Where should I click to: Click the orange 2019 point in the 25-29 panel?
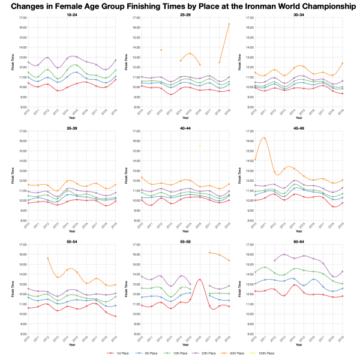pos(229,24)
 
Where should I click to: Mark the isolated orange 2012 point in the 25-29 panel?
pos(161,50)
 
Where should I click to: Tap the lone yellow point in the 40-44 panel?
pos(200,146)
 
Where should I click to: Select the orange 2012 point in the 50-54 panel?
pos(47,258)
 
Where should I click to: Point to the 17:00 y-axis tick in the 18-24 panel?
pos(22,18)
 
